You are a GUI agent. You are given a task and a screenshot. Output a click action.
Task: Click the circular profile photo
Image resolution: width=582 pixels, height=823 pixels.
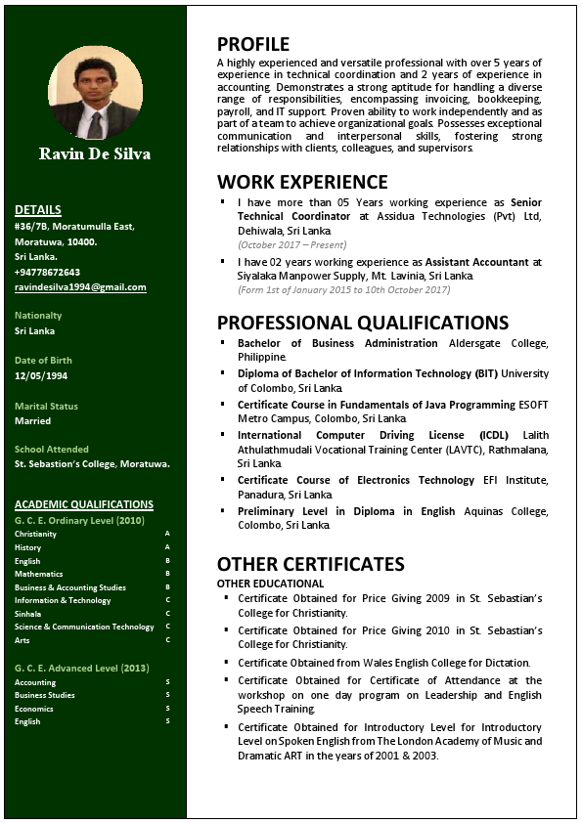(x=95, y=93)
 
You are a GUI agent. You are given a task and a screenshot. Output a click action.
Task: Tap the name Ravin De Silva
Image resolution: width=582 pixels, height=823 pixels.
(x=95, y=153)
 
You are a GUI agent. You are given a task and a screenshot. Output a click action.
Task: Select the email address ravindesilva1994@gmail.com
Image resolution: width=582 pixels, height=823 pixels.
(x=80, y=287)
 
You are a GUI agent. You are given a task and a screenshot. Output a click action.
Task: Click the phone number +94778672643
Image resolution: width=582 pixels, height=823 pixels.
(x=47, y=272)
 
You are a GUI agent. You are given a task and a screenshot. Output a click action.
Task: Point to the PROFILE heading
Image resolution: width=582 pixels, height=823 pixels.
(x=253, y=44)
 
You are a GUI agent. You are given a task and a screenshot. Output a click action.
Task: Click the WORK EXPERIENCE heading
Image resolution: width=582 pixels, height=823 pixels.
(x=302, y=182)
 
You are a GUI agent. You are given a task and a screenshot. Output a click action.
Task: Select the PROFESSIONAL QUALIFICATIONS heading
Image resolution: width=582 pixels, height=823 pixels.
(x=363, y=323)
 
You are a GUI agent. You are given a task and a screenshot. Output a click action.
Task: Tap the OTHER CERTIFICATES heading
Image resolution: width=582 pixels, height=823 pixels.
(x=310, y=564)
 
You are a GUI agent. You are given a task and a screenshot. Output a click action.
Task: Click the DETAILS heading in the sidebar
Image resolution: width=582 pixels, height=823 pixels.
(x=38, y=209)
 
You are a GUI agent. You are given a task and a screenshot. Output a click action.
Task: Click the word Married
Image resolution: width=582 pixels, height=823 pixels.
(x=32, y=421)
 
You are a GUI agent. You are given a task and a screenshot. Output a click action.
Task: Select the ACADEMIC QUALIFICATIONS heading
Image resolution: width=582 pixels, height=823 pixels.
(x=84, y=504)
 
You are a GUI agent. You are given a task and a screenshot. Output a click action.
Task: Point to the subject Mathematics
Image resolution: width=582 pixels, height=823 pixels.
(x=38, y=574)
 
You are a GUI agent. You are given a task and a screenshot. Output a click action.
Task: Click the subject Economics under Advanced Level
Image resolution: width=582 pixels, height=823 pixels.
(x=34, y=709)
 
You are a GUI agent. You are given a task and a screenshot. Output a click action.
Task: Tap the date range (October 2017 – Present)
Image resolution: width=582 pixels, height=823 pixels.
(x=291, y=244)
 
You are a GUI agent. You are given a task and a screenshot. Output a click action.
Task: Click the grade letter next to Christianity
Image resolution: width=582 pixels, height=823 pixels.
(x=167, y=534)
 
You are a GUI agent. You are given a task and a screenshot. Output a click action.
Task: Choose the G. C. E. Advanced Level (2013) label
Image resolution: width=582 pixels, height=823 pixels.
(x=81, y=668)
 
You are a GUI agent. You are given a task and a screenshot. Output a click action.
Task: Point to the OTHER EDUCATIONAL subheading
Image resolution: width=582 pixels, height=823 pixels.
(x=270, y=584)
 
